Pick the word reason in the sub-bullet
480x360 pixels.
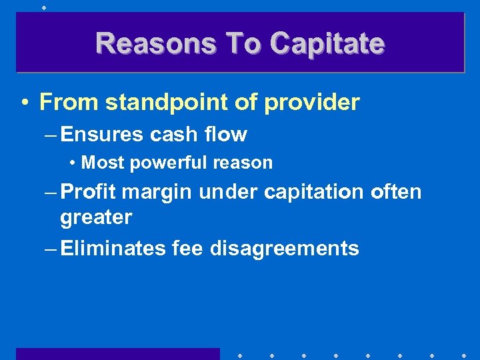click(247, 163)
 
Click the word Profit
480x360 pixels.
click(88, 192)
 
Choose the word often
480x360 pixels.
click(396, 192)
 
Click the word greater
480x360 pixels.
click(96, 217)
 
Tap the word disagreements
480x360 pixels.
click(285, 249)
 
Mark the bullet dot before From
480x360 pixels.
click(24, 103)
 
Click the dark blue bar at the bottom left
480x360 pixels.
click(117, 354)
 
